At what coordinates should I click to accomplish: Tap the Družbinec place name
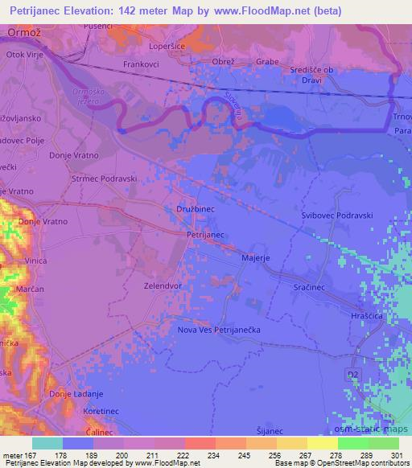pyautogui.click(x=195, y=207)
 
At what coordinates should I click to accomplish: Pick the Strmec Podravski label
pyautogui.click(x=105, y=179)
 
